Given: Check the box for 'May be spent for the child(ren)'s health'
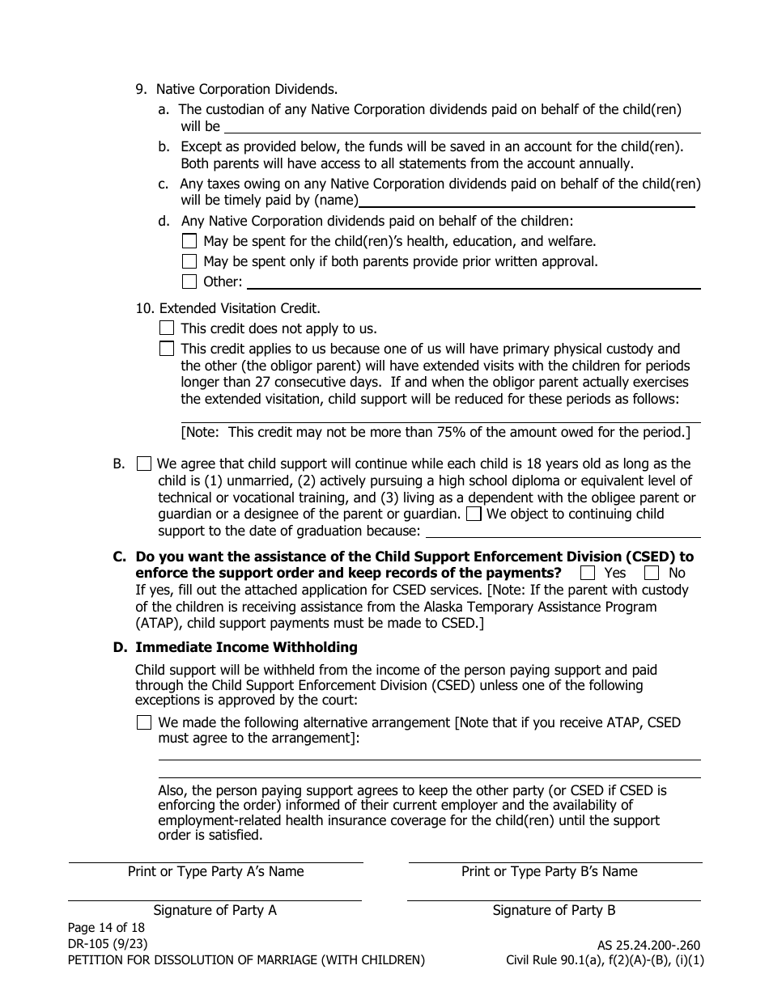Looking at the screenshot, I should tap(189, 241).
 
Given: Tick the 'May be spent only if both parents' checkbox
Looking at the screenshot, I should tap(189, 261).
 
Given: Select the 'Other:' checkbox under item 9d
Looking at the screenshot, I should tap(189, 282).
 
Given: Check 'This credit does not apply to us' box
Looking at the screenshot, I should tap(167, 328).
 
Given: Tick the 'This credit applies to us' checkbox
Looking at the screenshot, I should tap(167, 349).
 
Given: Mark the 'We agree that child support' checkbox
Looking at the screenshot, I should tap(144, 464).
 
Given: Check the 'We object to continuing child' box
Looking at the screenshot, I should tap(474, 514).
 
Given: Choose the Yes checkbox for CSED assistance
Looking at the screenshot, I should tap(588, 573).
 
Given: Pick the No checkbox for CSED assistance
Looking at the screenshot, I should tap(652, 573).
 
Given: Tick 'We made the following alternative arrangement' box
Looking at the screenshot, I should tap(144, 722).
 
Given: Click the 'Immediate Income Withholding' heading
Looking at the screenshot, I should tap(246, 647).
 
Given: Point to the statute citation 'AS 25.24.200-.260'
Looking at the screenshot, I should tap(646, 945).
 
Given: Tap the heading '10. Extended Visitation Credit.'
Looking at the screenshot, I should tap(228, 308).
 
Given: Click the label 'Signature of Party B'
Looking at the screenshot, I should tap(554, 911).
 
